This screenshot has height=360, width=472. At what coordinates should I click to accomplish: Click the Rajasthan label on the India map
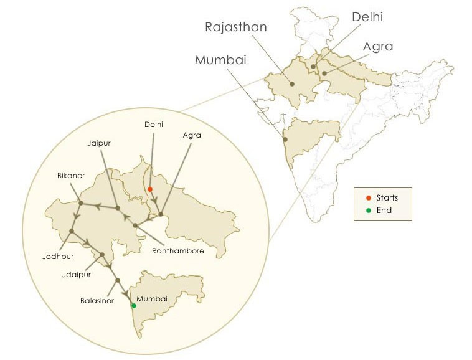tap(236, 27)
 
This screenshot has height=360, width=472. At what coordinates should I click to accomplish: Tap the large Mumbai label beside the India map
tap(220, 60)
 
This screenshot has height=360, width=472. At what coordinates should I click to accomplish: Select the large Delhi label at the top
tap(367, 17)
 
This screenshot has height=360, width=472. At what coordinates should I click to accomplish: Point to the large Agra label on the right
tap(379, 47)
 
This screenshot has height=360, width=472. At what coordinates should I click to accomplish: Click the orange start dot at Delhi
tap(150, 189)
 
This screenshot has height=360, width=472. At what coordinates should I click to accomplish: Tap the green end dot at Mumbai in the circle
tap(134, 306)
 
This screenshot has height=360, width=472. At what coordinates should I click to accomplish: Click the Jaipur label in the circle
tap(99, 143)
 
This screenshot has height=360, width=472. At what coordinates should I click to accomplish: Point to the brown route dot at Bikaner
tap(81, 202)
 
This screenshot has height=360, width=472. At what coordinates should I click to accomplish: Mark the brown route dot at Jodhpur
tap(72, 231)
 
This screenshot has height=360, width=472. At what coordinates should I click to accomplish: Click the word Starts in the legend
tap(387, 198)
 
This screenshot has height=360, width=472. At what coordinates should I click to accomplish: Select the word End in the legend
tap(384, 211)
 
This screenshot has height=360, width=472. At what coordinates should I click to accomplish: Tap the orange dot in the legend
tap(369, 198)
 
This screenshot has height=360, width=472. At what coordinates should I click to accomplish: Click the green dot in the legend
tap(369, 211)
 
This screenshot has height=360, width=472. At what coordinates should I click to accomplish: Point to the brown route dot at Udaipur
tap(102, 255)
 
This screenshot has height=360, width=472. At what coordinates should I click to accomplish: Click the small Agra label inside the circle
tap(192, 135)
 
